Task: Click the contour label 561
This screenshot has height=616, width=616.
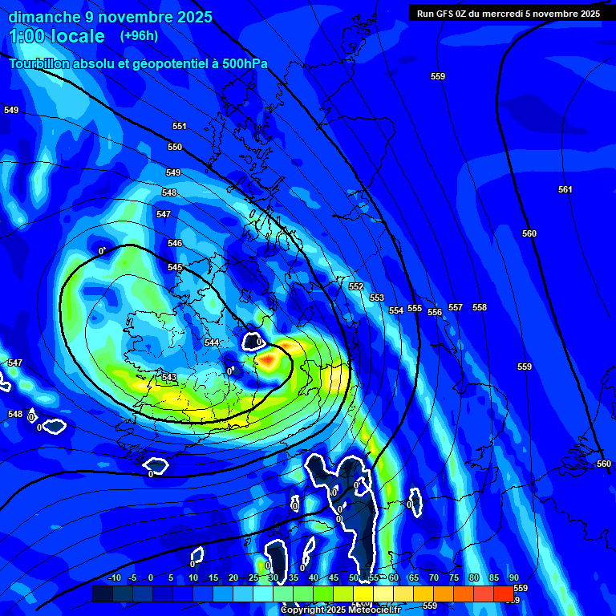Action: click(565, 190)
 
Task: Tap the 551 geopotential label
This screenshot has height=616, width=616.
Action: click(179, 127)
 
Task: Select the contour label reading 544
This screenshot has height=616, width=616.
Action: click(212, 342)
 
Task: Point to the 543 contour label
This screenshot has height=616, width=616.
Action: click(169, 378)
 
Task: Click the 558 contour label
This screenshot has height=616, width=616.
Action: click(480, 308)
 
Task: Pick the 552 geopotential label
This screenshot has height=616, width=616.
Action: click(356, 287)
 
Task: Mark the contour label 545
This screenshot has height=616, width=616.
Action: click(175, 268)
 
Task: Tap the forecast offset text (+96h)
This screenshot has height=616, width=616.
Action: click(139, 36)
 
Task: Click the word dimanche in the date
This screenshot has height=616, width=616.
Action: click(39, 17)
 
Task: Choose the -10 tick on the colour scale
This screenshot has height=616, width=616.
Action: click(114, 578)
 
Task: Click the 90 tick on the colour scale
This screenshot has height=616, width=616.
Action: click(513, 578)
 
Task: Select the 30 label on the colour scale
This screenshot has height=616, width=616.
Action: click(273, 578)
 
